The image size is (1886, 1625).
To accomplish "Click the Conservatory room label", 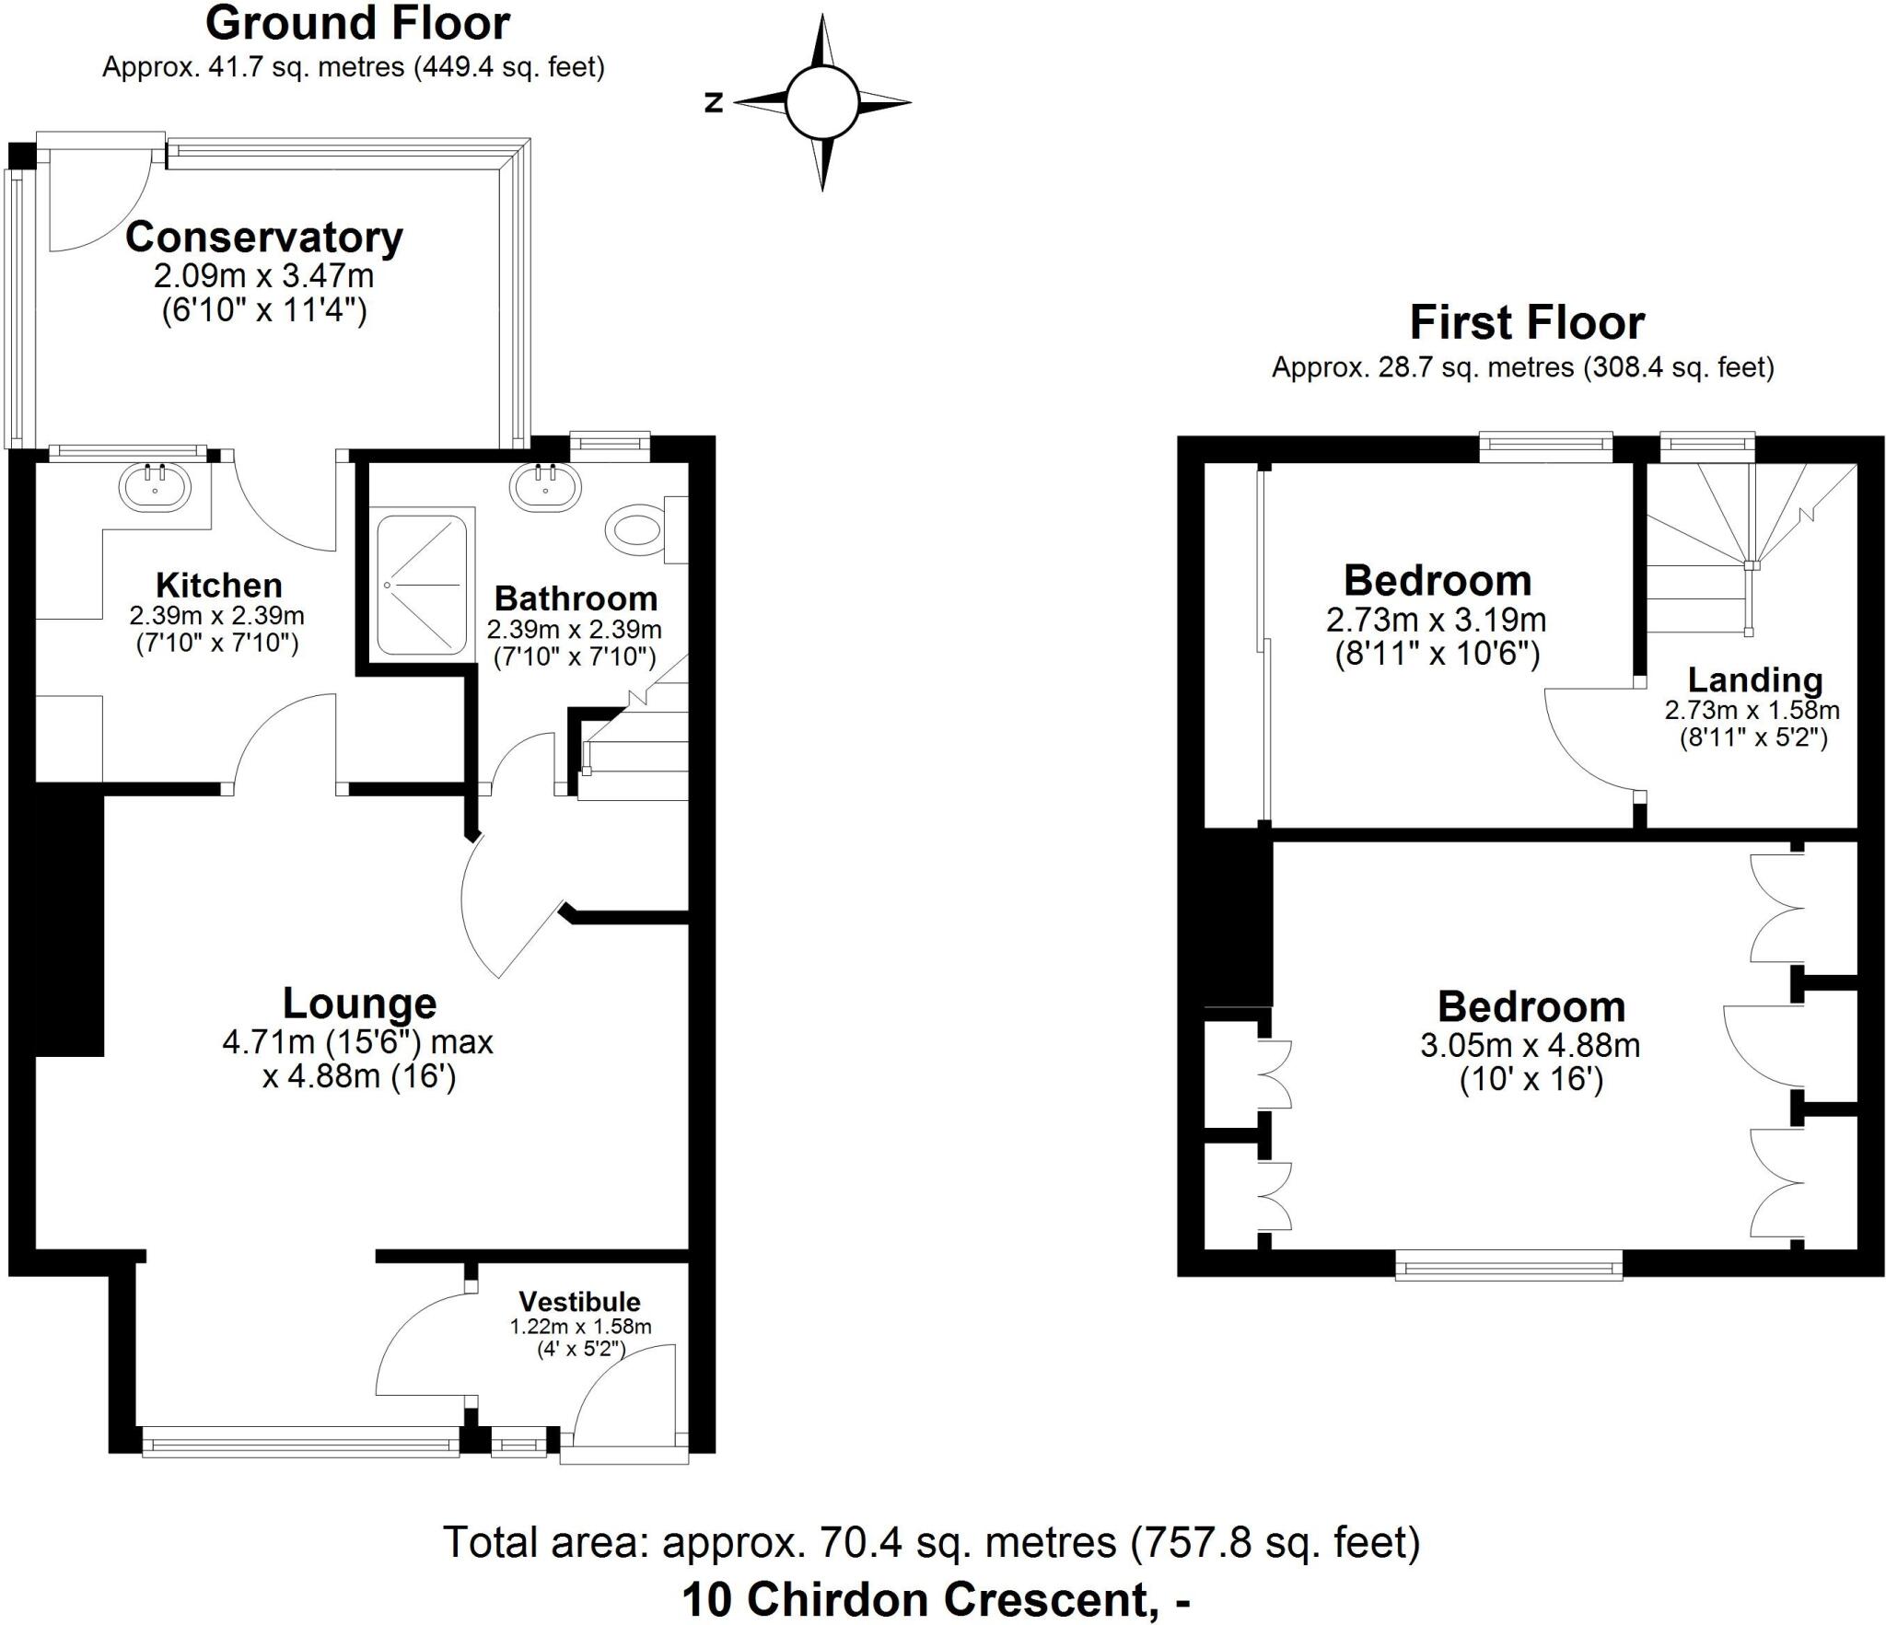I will pos(264,238).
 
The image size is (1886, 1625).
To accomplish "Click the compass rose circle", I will pos(821,102).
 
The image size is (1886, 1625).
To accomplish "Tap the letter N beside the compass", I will pos(714,103).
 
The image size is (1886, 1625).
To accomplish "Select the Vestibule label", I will pos(579,1302).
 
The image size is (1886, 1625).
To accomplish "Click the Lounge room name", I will pos(359,1004).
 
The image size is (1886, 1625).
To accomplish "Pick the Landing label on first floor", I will pos(1754,680).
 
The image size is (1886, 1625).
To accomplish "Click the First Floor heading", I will pos(1527,323).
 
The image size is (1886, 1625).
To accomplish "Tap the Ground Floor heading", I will pos(357,24).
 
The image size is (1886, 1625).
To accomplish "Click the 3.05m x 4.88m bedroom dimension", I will pos(1530,1046).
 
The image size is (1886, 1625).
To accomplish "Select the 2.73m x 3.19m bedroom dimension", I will pos(1436,620).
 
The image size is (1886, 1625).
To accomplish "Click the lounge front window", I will pos(300,1442).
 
